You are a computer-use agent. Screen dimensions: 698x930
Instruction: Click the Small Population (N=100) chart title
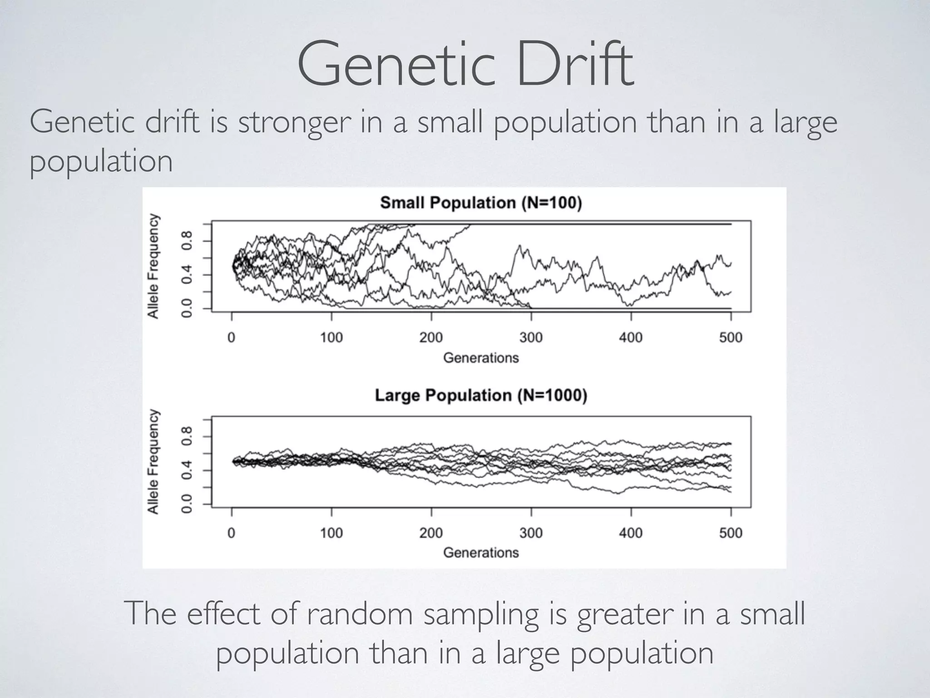coord(480,203)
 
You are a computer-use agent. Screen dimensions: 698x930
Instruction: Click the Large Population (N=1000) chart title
coord(480,395)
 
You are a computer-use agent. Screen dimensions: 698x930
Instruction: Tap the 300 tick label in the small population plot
coord(531,338)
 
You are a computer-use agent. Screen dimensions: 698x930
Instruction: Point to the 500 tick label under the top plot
coord(730,338)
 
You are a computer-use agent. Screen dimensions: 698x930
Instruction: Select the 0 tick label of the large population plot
coord(232,533)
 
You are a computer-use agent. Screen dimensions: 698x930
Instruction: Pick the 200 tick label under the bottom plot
coord(431,533)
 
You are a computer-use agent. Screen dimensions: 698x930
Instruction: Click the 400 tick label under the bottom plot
coord(631,533)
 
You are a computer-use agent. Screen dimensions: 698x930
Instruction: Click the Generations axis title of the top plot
coord(480,358)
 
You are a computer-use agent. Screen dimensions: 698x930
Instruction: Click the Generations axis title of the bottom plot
coord(480,553)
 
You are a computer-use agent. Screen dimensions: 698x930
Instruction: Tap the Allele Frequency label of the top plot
coord(153,266)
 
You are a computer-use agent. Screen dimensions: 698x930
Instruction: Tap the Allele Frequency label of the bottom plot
coord(153,462)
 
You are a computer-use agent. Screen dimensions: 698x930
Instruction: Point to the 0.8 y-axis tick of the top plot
coord(187,240)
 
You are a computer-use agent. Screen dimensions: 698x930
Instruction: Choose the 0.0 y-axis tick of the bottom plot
coord(187,504)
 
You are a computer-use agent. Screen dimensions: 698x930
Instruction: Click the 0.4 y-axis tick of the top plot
coord(187,274)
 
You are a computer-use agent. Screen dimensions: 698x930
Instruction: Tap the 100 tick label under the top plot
coord(331,338)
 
